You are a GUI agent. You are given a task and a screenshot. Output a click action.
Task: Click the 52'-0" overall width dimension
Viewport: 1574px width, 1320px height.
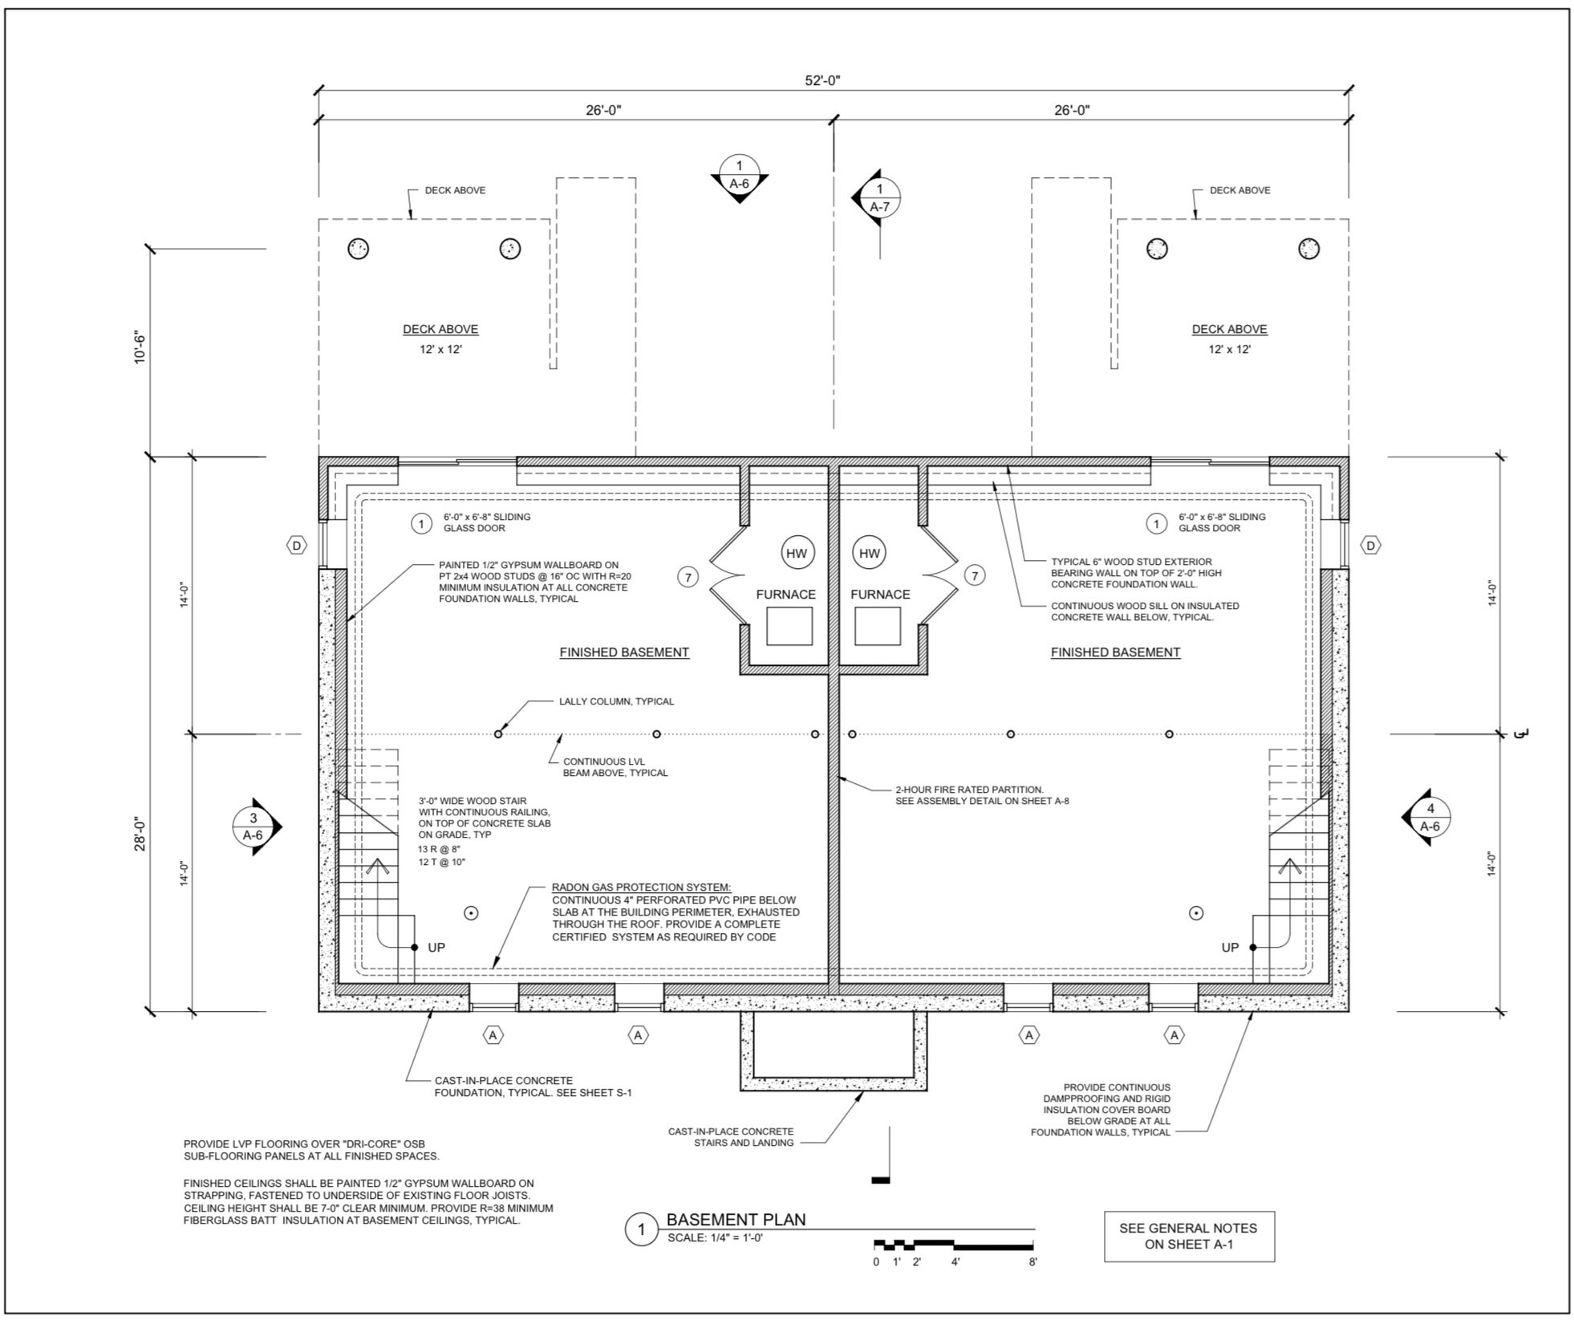pos(822,80)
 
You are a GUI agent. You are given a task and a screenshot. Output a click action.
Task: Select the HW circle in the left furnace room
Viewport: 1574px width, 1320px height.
pos(796,553)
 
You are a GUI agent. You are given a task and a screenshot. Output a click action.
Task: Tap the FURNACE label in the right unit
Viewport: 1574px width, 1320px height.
pos(880,595)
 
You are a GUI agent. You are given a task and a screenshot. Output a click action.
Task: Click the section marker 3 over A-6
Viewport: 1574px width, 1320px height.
pos(254,827)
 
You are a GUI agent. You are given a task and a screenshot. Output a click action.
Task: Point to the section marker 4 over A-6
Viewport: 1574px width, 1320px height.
pos(1429,817)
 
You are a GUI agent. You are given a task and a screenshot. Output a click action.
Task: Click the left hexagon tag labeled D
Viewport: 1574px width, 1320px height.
pos(297,546)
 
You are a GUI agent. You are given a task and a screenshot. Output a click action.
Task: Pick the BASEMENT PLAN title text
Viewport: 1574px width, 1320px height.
pos(736,1220)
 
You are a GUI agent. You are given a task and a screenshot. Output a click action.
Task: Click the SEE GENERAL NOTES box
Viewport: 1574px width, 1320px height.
pos(1189,1237)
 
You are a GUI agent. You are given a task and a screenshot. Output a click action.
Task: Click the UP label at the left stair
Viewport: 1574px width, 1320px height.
pos(436,948)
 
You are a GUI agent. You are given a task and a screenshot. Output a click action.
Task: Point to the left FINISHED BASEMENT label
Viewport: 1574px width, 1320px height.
pos(624,652)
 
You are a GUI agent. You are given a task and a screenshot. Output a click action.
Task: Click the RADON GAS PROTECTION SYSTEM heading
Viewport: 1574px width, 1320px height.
pos(642,887)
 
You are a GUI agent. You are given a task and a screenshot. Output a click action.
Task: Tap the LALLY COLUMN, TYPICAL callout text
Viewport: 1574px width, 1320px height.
pos(616,701)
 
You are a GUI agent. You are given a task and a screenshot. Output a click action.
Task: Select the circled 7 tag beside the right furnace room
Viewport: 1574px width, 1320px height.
pos(974,575)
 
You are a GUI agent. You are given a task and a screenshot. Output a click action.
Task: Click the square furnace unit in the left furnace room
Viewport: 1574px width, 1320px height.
pos(789,626)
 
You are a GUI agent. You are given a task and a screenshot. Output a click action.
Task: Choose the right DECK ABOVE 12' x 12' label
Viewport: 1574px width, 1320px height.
pos(1229,339)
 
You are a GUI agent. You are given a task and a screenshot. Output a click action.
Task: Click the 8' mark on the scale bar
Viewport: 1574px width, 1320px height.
pos(1033,1262)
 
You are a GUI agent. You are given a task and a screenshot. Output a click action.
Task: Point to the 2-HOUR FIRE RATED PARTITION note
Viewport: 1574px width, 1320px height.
pos(983,795)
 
